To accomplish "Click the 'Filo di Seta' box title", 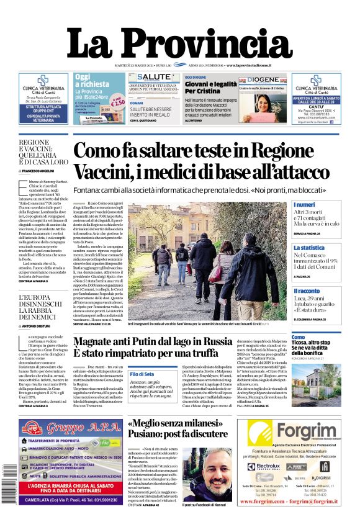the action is (x=142, y=374).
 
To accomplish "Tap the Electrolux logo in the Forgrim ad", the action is (x=268, y=466).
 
